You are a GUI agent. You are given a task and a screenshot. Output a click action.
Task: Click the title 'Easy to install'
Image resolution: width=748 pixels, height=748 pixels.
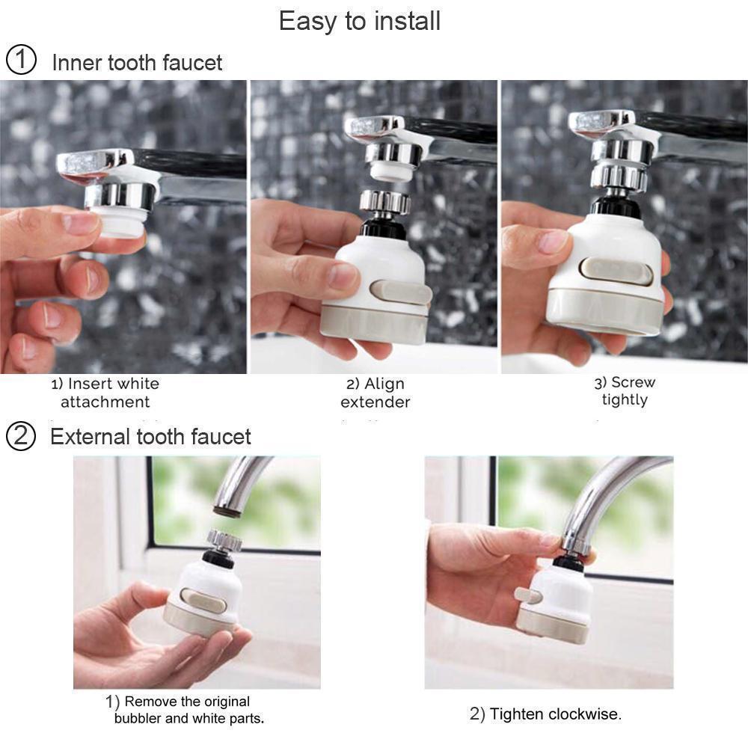coord(359,21)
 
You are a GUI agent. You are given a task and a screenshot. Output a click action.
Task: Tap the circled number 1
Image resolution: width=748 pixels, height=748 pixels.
coord(21,61)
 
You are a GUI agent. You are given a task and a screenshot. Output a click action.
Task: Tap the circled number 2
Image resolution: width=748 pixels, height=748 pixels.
coord(21,436)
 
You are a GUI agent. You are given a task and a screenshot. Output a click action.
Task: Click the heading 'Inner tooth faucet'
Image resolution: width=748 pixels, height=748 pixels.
coord(137,62)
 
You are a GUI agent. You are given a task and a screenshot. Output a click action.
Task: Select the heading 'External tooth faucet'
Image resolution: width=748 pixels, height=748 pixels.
coord(150,437)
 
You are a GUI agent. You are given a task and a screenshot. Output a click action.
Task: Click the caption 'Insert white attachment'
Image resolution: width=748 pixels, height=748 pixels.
coord(105,393)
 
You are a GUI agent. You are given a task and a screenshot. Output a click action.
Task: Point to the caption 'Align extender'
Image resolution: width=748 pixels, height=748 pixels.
coord(375,393)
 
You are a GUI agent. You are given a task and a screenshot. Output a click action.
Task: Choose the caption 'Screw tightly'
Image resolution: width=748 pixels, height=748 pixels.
coord(625,391)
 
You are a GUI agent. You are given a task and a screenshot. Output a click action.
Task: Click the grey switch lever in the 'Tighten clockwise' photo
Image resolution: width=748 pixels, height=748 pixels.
coord(527,595)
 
